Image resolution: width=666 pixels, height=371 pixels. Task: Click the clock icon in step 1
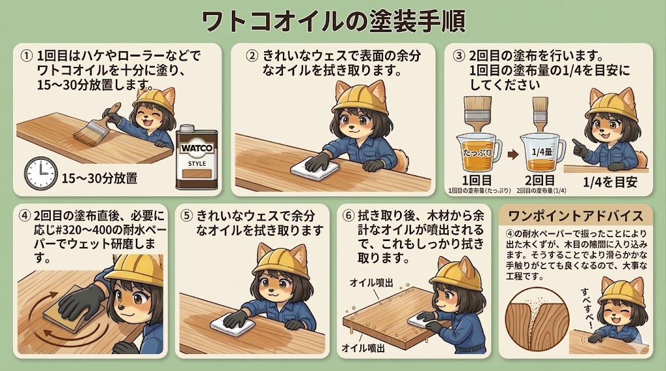tap(40, 173)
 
